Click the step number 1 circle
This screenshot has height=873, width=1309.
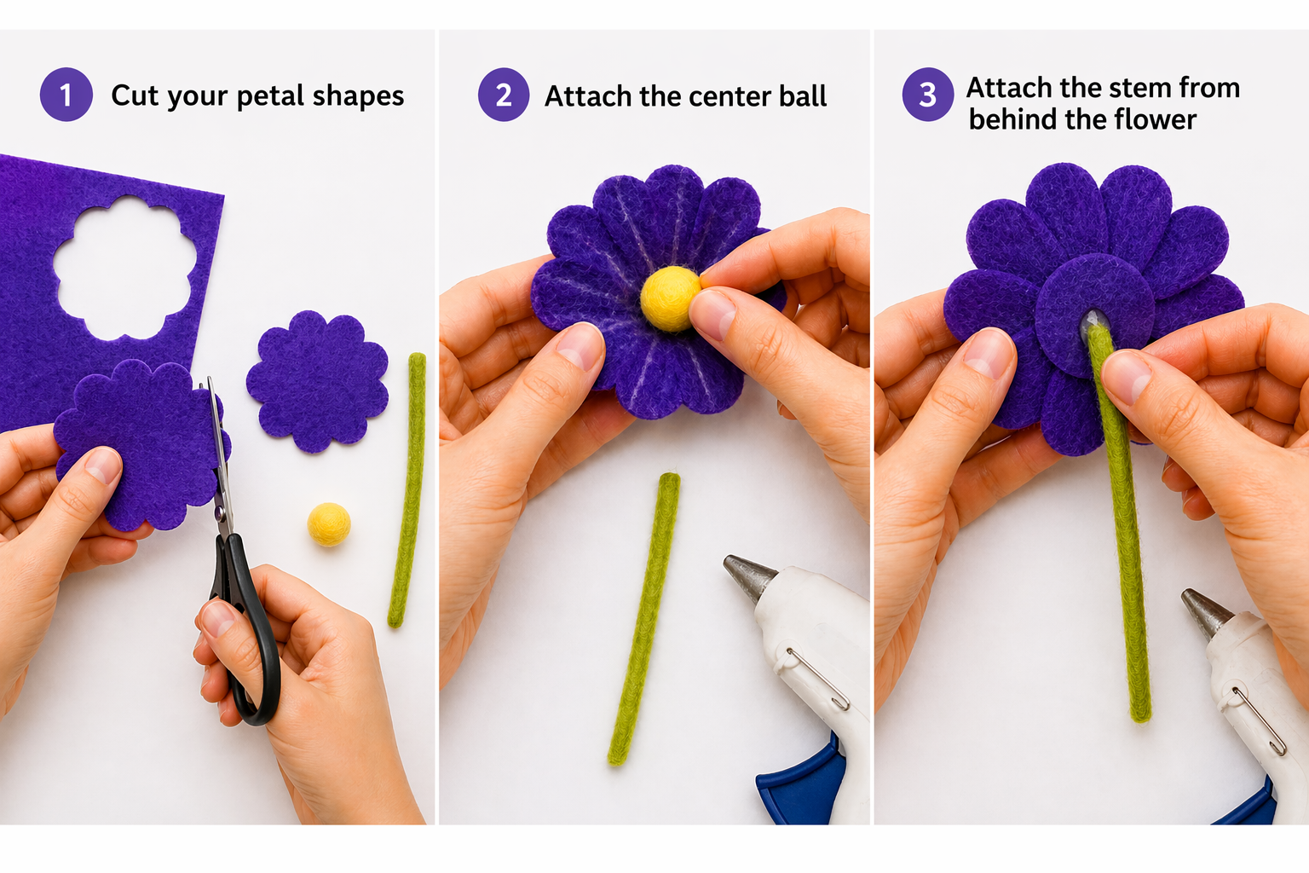click(66, 95)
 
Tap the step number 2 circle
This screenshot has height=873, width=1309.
click(504, 95)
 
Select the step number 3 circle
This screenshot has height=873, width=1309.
click(927, 95)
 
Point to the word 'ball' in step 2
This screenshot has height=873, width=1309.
click(802, 96)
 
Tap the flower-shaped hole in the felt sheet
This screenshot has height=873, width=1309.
click(125, 266)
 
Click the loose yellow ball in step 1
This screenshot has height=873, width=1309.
click(329, 523)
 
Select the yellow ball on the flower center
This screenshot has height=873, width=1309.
click(670, 298)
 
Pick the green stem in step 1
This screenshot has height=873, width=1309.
click(407, 490)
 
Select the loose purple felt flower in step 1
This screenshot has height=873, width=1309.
click(317, 381)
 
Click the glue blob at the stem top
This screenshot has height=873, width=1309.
click(1094, 321)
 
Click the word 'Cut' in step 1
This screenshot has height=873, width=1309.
click(134, 95)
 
